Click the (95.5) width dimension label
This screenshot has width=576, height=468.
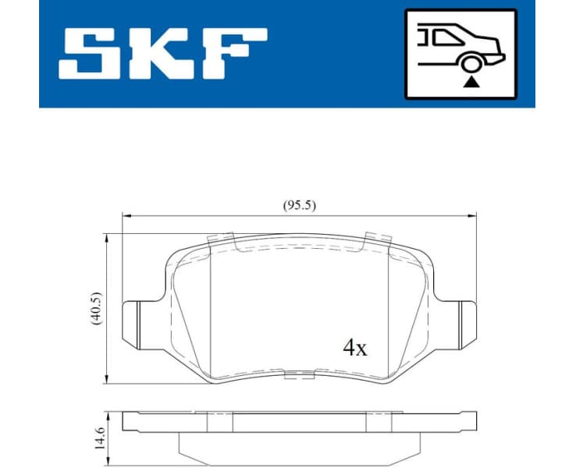pos(299,205)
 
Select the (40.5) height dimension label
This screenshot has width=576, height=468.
pos(96,309)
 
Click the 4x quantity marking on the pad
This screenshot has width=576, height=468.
pos(355,348)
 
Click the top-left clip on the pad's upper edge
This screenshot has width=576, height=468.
pos(220,237)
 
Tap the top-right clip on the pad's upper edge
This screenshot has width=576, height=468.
pos(378,237)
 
